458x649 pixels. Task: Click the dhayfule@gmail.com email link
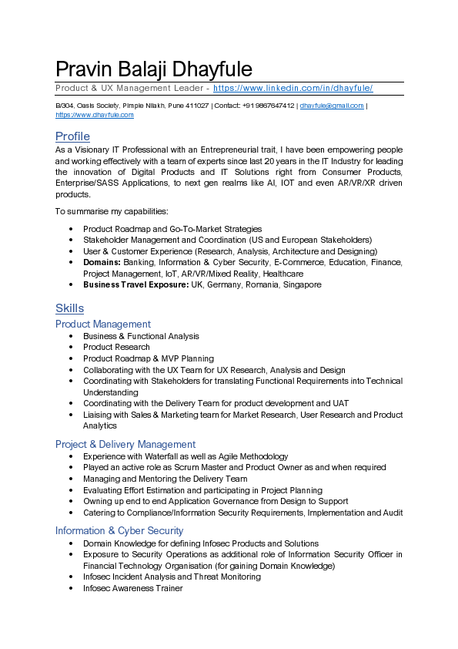[x=331, y=106]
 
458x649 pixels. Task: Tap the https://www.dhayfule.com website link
[x=95, y=115]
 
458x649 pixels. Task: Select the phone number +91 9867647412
[x=268, y=106]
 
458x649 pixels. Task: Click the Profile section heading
[x=72, y=136]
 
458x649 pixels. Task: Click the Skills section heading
[x=69, y=308]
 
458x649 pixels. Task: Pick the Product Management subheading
[x=102, y=324]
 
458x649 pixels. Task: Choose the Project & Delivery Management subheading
[x=125, y=444]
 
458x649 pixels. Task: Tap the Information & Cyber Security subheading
[x=119, y=530]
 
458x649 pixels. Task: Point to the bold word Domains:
[x=102, y=262]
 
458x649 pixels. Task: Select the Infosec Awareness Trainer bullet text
[x=132, y=588]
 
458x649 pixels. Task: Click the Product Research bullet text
[x=116, y=347]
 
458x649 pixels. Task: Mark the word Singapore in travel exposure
[x=303, y=284]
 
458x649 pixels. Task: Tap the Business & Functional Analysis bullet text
[x=141, y=336]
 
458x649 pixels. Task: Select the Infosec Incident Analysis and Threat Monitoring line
[x=172, y=577]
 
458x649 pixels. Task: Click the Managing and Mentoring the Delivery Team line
[x=165, y=479]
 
